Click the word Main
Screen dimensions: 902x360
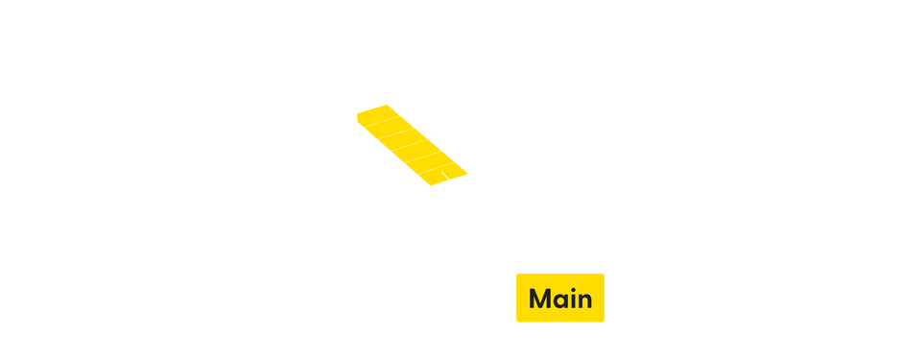pos(560,299)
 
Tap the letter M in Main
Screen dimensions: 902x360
pos(539,299)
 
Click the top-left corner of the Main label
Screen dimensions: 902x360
pos(516,274)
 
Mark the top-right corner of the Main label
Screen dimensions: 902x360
pos(605,274)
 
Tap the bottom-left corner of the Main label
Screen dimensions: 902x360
pos(516,322)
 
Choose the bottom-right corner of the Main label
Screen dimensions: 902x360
pos(605,322)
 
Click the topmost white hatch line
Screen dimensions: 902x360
pos(384,121)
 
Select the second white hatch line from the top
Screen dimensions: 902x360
pos(398,132)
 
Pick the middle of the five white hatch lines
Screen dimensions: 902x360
pos(411,145)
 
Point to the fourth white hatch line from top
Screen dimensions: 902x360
pos(424,156)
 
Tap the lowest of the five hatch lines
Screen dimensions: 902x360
pos(437,168)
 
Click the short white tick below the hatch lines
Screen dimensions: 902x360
pos(445,176)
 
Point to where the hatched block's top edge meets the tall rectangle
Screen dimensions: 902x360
pos(353,105)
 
